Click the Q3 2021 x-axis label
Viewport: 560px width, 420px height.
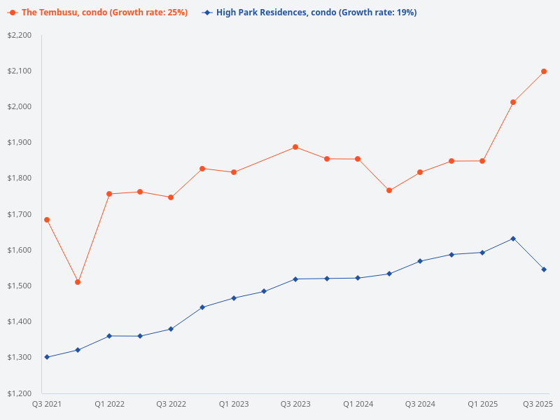[x=47, y=404]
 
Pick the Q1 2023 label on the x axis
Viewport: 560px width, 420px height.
[x=233, y=404]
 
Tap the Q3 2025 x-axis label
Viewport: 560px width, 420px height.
[x=538, y=404]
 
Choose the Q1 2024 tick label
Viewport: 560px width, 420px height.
[x=358, y=404]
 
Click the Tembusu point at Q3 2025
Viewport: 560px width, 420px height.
[x=544, y=71]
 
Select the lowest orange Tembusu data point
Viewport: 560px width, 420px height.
[x=78, y=282]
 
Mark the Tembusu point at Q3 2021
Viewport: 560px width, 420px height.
[x=47, y=220]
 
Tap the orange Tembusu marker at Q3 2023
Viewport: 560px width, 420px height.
[x=295, y=147]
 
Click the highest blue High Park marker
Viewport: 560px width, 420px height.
[x=513, y=239]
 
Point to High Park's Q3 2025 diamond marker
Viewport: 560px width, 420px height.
[x=544, y=269]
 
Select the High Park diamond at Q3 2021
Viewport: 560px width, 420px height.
[x=47, y=357]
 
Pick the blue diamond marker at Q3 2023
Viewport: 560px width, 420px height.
[x=295, y=279]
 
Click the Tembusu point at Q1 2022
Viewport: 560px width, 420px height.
[x=109, y=194]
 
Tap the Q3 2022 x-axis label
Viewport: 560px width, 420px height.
[x=171, y=404]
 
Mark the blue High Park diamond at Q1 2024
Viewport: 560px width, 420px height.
[x=358, y=278]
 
